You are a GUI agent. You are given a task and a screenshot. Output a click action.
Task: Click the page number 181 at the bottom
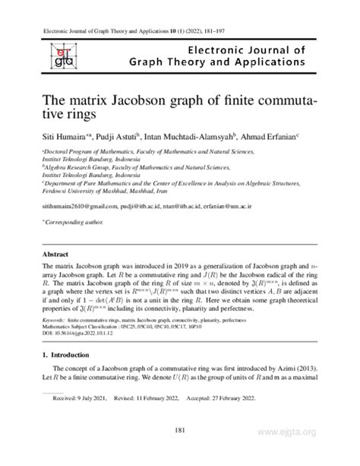coord(179,433)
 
